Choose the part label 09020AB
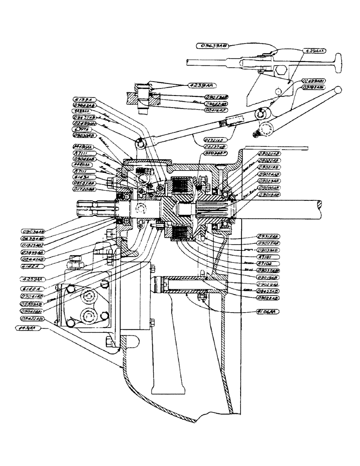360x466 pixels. pos(269,153)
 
